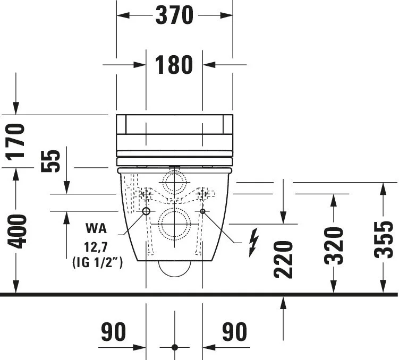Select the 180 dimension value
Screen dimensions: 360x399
click(x=174, y=65)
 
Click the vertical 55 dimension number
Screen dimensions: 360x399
click(x=51, y=160)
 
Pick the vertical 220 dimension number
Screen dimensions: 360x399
click(x=285, y=260)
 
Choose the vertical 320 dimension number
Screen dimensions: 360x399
click(x=334, y=245)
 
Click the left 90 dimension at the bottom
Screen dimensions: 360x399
click(x=113, y=332)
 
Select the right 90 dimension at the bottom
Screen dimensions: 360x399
click(x=234, y=332)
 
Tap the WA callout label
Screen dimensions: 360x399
click(x=96, y=229)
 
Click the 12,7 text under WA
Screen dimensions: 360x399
click(x=96, y=247)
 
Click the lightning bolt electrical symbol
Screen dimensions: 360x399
click(x=254, y=242)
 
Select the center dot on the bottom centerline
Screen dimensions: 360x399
click(x=174, y=347)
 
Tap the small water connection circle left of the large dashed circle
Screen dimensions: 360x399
click(x=146, y=212)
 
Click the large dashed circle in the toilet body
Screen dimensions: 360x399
click(x=174, y=223)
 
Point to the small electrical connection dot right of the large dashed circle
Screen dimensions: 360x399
click(x=203, y=212)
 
